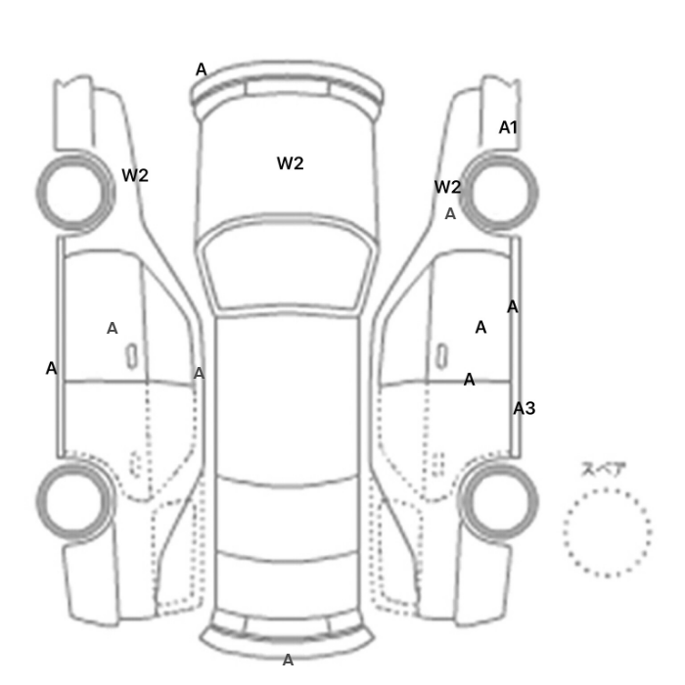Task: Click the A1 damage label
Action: point(508,127)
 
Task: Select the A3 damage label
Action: point(524,408)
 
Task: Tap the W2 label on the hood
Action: point(290,163)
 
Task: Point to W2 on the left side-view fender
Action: point(135,175)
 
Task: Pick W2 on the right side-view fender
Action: point(448,187)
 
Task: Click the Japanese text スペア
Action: point(598,470)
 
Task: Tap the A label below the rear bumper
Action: point(288,661)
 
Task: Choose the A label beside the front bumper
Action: point(201,69)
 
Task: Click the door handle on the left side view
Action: point(131,356)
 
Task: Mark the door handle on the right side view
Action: point(441,356)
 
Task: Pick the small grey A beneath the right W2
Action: point(450,214)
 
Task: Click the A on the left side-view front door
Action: point(113,328)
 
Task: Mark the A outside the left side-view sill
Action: point(52,368)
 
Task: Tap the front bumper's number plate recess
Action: point(287,86)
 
